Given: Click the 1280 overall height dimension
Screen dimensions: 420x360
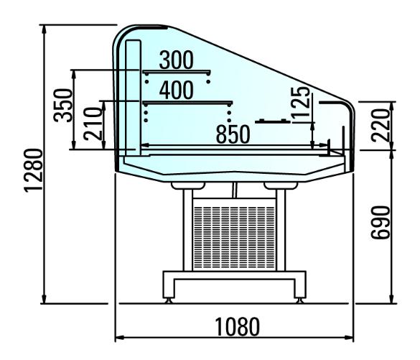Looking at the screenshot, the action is pyautogui.click(x=34, y=170).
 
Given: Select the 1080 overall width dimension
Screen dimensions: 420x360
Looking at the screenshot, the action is pyautogui.click(x=238, y=326).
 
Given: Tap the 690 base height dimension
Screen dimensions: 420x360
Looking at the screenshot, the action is pyautogui.click(x=381, y=223).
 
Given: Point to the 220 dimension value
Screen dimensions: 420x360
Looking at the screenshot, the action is pyautogui.click(x=381, y=125).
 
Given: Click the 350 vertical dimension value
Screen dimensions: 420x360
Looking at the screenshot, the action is pyautogui.click(x=63, y=106).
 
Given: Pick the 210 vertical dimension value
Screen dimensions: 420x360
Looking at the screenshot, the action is pyautogui.click(x=93, y=124).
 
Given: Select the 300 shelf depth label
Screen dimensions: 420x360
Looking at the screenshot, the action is pyautogui.click(x=176, y=60).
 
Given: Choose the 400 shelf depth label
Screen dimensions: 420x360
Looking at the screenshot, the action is pyautogui.click(x=176, y=90).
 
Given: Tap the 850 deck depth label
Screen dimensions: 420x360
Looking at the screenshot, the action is pyautogui.click(x=233, y=134).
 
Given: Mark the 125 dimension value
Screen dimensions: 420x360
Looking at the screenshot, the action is pyautogui.click(x=300, y=103).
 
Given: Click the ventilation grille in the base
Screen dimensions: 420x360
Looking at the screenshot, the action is pyautogui.click(x=234, y=237).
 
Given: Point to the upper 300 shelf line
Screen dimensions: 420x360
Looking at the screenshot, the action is pyautogui.click(x=177, y=72).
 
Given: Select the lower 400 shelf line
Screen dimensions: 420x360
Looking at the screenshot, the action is pyautogui.click(x=187, y=103).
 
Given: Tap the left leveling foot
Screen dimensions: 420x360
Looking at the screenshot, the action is pyautogui.click(x=169, y=300).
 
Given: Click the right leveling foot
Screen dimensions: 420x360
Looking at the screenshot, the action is pyautogui.click(x=299, y=300).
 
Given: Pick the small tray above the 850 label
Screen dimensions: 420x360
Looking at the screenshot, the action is pyautogui.click(x=273, y=121).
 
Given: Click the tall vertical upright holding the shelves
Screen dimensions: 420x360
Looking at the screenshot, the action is pyautogui.click(x=133, y=98).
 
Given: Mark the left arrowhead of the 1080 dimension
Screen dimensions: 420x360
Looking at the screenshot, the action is pyautogui.click(x=119, y=337).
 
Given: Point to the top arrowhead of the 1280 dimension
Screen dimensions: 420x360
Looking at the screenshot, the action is pyautogui.click(x=45, y=29).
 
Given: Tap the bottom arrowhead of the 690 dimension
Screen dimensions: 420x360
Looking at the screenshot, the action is pyautogui.click(x=391, y=299).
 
